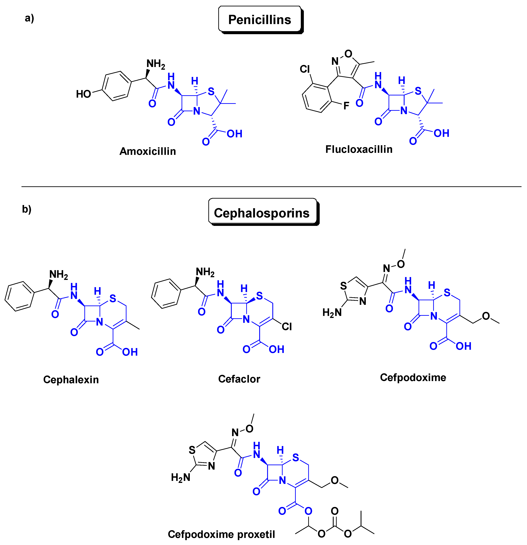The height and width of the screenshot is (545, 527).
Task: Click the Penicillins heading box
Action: coord(260,20)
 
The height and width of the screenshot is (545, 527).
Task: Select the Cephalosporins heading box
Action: coord(262,213)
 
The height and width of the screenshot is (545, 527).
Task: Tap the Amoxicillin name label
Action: coord(148,151)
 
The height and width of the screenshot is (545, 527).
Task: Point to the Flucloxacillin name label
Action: coord(359,149)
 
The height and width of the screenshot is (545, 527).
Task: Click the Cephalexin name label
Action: coord(71,380)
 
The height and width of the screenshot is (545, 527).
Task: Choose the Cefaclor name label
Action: coord(239,379)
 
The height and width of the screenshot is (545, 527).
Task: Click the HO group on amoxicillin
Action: coord(84,94)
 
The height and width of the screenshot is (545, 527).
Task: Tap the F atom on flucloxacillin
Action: coord(346,106)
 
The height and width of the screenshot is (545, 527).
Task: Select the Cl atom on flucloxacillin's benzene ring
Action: coord(305,69)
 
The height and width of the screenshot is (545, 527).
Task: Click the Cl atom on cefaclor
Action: coord(287,326)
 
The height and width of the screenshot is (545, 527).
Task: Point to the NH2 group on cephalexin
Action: coord(58,275)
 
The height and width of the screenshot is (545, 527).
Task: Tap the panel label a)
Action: coord(29,18)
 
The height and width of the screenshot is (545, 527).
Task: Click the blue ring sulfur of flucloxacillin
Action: coord(418,91)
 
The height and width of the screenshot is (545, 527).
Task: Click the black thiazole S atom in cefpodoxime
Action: coord(344,286)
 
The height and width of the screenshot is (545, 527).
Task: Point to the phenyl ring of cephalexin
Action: coord(20,296)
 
